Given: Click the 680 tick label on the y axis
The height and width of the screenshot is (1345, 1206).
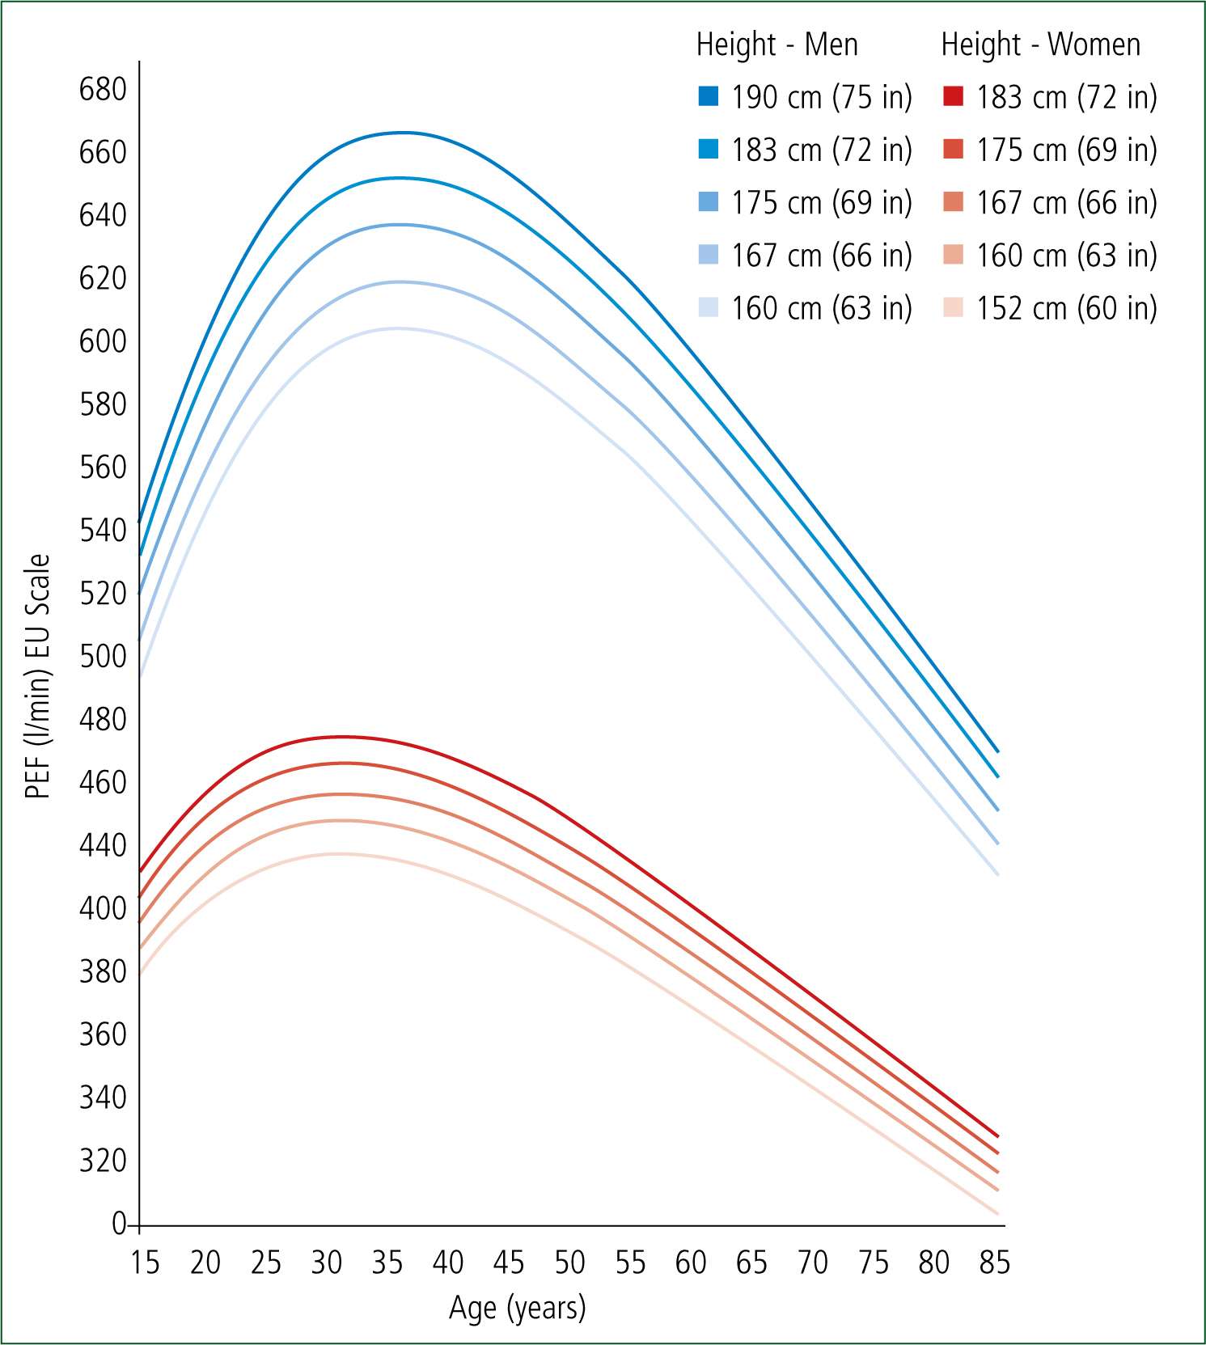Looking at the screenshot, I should pyautogui.click(x=103, y=89).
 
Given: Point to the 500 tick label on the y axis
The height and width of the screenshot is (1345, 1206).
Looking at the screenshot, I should pyautogui.click(x=103, y=656).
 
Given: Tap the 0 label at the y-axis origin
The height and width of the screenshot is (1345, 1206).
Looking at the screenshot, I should pyautogui.click(x=119, y=1224).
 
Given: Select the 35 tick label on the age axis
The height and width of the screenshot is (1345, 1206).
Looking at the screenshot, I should pyautogui.click(x=387, y=1262).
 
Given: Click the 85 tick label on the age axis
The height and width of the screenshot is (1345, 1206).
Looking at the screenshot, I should pyautogui.click(x=994, y=1262).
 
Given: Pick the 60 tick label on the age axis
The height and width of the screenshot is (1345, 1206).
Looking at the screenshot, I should pyautogui.click(x=691, y=1262).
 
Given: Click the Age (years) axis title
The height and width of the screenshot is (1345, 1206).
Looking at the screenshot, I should pyautogui.click(x=517, y=1307).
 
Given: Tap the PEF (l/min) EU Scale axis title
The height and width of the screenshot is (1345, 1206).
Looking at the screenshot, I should pyautogui.click(x=38, y=676).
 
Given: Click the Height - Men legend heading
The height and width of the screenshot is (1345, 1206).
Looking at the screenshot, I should pyautogui.click(x=776, y=44).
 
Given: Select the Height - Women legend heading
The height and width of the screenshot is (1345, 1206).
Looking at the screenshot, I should pyautogui.click(x=1040, y=44).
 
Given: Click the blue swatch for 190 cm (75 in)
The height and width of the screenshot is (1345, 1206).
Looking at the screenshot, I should pyautogui.click(x=709, y=97).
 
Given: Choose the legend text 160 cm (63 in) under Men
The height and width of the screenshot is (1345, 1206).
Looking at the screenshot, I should pyautogui.click(x=821, y=308).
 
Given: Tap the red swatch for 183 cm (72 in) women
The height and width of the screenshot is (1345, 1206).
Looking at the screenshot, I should pyautogui.click(x=953, y=97).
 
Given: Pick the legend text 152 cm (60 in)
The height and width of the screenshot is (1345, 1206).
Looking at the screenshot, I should pyautogui.click(x=1066, y=308).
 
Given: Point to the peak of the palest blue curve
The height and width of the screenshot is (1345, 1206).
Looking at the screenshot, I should pyautogui.click(x=398, y=328).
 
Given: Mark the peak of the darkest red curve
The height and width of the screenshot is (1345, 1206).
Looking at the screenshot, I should pyautogui.click(x=341, y=737).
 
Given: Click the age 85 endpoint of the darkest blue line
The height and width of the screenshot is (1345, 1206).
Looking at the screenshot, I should pyautogui.click(x=998, y=751).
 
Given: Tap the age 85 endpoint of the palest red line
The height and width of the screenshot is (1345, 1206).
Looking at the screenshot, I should pyautogui.click(x=998, y=1213).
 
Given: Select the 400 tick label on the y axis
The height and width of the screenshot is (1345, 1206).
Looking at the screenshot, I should pyautogui.click(x=103, y=908).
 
